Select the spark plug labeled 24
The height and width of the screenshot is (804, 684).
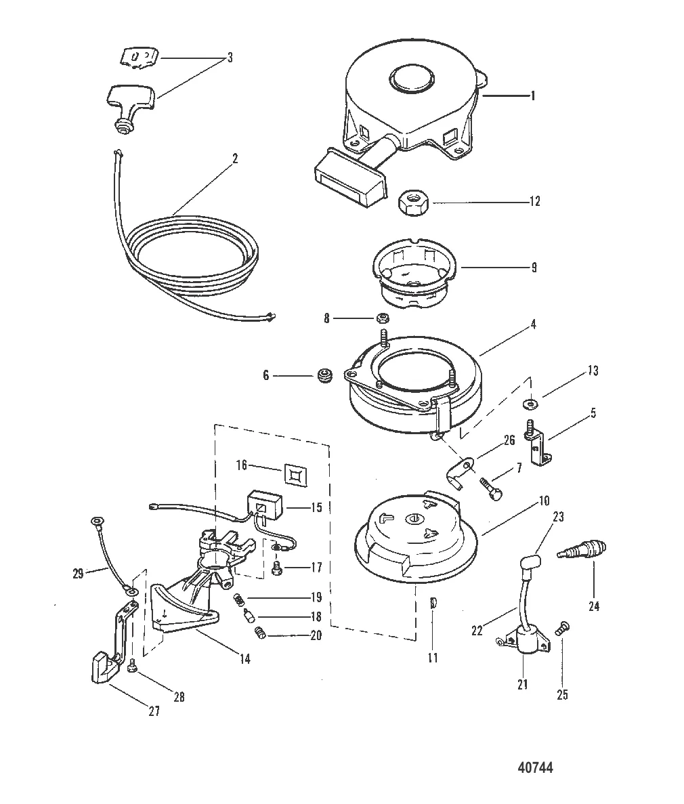point(581,551)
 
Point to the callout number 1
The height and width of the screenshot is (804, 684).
point(532,96)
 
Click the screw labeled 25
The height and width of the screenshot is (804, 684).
point(560,629)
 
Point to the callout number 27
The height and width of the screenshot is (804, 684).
point(154,712)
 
